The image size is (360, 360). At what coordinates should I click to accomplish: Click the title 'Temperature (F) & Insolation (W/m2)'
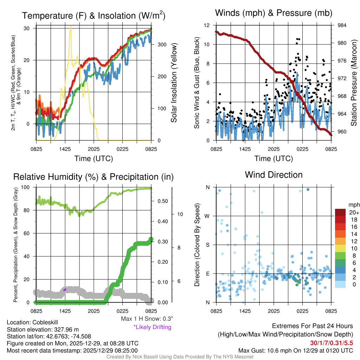point(94,16)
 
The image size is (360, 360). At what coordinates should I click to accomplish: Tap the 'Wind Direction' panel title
point(274,175)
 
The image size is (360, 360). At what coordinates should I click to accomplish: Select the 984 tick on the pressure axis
point(341,25)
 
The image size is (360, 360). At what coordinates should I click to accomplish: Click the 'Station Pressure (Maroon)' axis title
point(354,83)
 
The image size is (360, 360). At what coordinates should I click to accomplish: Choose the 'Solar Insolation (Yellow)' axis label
point(174,83)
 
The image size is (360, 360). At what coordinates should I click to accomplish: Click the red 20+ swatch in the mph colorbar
point(340,213)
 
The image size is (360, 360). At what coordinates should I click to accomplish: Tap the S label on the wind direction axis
point(208,245)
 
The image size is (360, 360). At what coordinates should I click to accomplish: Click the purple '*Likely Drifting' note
point(152,327)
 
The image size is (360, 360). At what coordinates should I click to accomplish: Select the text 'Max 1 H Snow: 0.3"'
point(146,319)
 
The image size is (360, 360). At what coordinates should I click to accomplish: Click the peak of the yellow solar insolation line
point(71,26)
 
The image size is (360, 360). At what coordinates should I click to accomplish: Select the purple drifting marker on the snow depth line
point(65,289)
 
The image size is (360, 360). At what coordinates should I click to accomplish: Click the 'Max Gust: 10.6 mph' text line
point(296,350)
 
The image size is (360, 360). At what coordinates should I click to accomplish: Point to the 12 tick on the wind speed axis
point(208,25)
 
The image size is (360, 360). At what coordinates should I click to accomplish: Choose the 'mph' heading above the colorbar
point(354,205)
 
